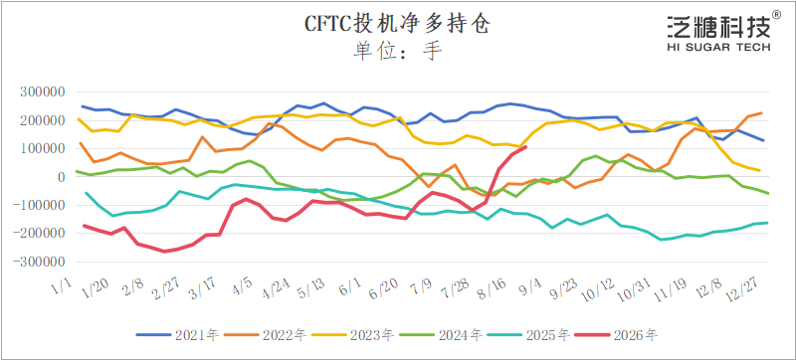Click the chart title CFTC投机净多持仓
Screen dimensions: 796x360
click(x=397, y=23)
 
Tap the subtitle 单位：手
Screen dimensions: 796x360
click(x=397, y=51)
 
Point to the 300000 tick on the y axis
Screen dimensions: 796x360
click(x=42, y=92)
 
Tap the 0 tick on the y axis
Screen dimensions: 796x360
click(x=61, y=177)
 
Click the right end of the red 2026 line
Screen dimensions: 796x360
click(x=526, y=147)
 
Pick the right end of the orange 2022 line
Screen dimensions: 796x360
click(x=762, y=113)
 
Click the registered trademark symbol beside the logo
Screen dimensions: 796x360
click(x=777, y=15)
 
